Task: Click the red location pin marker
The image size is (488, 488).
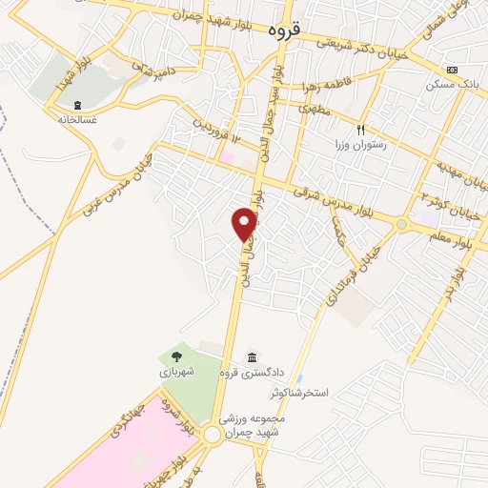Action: point(245,223)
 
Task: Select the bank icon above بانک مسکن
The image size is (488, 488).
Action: point(451,70)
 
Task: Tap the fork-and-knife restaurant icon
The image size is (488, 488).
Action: point(361,129)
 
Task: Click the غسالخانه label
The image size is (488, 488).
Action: point(76,120)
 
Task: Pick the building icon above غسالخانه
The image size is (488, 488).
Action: point(77,105)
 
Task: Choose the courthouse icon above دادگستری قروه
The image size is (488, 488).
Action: point(251,357)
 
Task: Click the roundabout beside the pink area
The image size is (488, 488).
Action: point(211,434)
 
